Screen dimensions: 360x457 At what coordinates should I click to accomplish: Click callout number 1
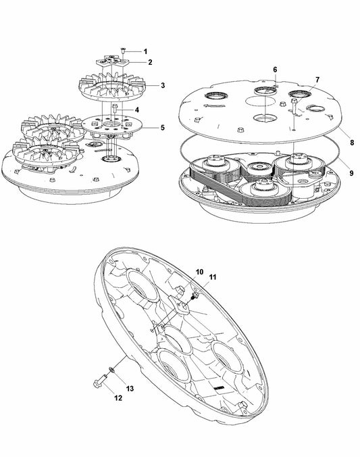145,52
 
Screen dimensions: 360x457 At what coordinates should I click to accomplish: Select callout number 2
150,62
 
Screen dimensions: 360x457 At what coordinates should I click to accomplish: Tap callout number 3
163,85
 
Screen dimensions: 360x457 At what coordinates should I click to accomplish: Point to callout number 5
163,128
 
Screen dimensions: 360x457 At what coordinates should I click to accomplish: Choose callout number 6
275,70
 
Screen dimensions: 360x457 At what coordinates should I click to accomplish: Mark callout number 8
352,143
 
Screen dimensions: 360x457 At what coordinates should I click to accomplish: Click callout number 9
351,173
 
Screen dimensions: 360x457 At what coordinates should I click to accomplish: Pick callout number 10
199,272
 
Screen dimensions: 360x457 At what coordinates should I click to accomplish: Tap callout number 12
118,398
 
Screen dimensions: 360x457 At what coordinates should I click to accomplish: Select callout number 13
130,389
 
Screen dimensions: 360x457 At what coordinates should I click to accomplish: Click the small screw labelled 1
123,51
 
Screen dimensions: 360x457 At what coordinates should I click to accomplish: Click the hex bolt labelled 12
100,381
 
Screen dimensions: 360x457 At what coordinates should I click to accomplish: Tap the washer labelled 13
111,370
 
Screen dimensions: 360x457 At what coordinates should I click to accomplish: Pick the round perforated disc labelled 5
111,124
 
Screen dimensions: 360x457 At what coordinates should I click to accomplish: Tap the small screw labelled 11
195,296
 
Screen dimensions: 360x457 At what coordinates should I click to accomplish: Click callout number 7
317,80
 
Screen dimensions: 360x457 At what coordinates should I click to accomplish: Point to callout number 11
213,277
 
